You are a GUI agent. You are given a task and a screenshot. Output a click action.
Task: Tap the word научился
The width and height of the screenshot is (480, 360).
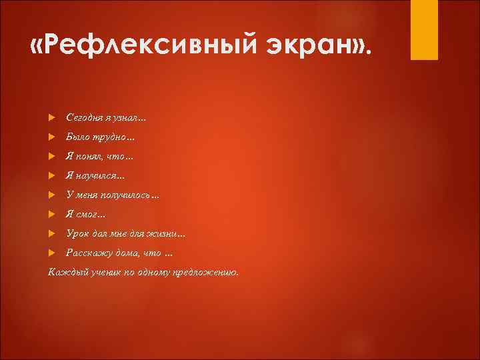pyautogui.click(x=97, y=176)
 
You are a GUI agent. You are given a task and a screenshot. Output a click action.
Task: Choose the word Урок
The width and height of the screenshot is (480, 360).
pyautogui.click(x=77, y=234)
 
